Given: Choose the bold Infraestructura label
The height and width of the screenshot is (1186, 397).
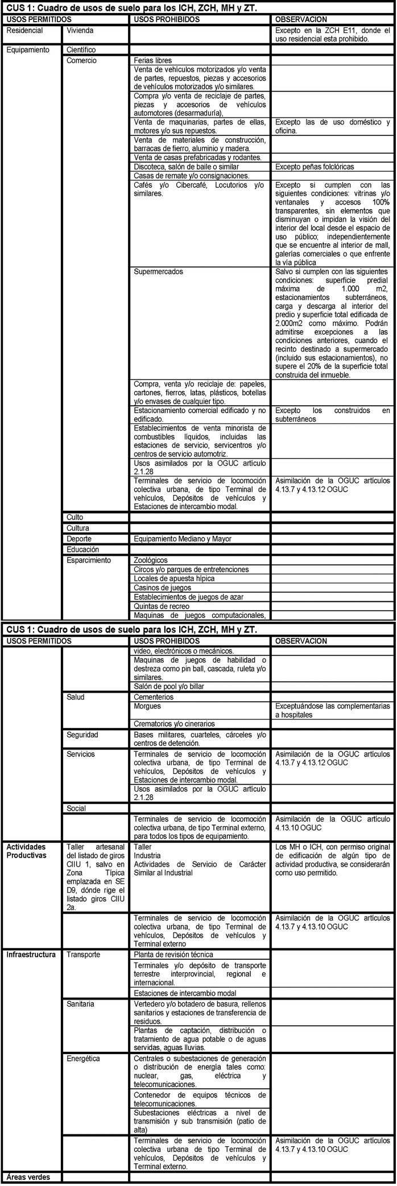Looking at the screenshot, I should pos(31,954).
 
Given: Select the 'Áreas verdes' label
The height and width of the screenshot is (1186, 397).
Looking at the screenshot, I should pos(28,1176).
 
